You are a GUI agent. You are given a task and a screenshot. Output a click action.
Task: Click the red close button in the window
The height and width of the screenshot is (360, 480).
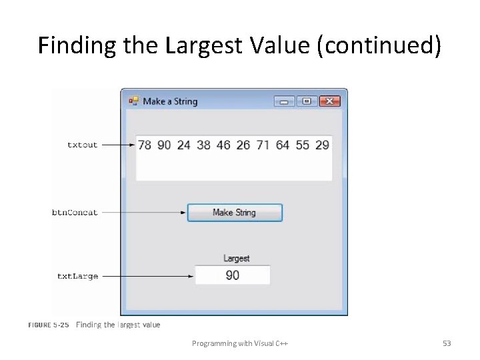330,101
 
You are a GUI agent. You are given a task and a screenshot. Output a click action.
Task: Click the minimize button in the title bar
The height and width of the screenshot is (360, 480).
285,101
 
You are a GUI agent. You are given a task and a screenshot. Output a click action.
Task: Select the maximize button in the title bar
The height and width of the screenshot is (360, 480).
307,101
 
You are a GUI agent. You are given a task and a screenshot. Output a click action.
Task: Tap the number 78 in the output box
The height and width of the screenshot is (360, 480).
145,145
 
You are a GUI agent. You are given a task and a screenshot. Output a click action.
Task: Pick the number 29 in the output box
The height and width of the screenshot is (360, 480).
322,145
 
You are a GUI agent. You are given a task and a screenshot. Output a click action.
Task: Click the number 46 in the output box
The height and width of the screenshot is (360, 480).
223,145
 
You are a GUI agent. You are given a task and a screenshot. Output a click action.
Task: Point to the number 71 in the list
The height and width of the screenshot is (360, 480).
263,145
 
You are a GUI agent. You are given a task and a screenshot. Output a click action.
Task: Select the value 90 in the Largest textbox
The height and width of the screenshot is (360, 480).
232,275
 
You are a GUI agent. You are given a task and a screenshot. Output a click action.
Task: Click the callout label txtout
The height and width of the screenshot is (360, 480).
82,145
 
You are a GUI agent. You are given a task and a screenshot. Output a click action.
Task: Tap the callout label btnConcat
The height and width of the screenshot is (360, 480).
75,213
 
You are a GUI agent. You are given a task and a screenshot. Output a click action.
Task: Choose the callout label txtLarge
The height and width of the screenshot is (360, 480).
77,276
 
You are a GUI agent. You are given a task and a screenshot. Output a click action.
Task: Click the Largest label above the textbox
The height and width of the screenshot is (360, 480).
236,258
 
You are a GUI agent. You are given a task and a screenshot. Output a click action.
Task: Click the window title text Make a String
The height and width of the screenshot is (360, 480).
170,101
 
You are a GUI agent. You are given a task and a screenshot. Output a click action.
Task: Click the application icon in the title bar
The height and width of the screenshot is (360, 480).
133,101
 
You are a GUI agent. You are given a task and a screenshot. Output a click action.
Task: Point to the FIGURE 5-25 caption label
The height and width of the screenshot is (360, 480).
48,325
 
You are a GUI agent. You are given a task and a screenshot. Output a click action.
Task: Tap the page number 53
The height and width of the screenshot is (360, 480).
447,343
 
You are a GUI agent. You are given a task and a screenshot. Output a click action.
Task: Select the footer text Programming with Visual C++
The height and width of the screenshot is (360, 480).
240,343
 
